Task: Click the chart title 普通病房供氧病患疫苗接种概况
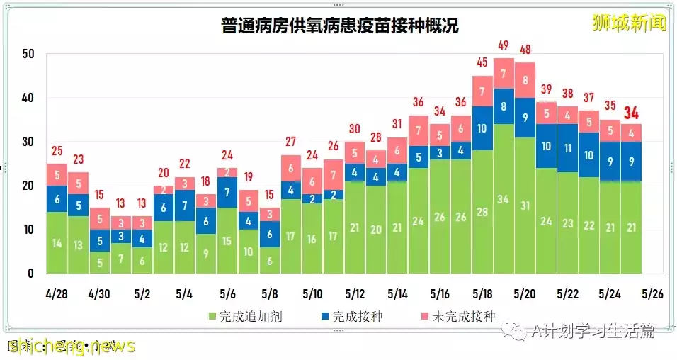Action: (338, 27)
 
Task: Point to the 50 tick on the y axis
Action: (28, 54)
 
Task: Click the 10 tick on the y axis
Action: (28, 230)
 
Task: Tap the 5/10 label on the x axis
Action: (312, 293)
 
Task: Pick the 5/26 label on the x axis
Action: (652, 293)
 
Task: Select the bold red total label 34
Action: (632, 113)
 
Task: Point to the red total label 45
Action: (483, 62)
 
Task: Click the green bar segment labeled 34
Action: (504, 198)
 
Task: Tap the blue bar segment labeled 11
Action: (568, 148)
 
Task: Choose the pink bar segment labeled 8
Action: (525, 80)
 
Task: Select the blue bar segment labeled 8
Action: (504, 106)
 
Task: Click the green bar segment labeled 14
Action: (57, 242)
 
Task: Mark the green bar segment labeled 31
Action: (525, 206)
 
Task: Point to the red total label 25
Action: (57, 150)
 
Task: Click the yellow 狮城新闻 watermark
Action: (629, 23)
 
